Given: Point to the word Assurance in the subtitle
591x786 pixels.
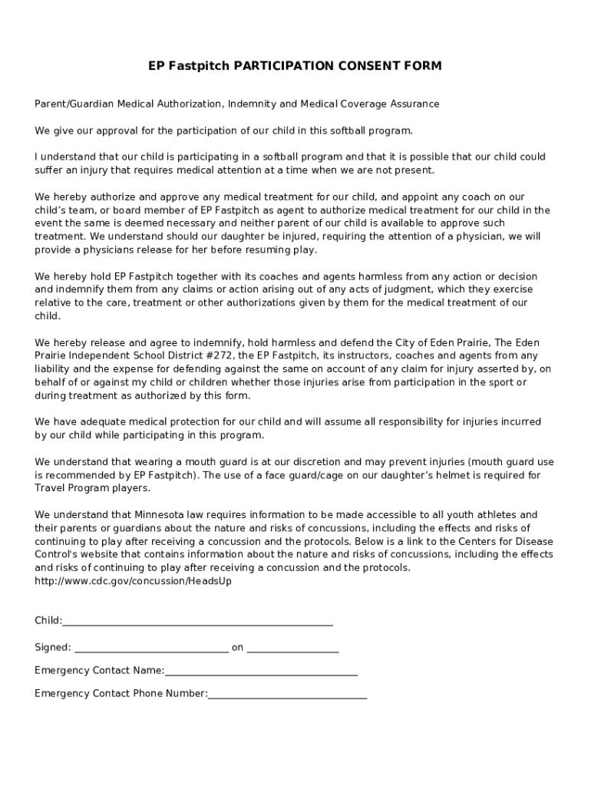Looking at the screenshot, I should click(413, 104).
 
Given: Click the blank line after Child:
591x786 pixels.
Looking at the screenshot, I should click(198, 621).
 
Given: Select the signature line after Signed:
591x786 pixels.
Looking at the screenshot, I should click(151, 648).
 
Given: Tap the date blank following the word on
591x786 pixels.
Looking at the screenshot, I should click(292, 648).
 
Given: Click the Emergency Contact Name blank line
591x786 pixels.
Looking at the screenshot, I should click(261, 671).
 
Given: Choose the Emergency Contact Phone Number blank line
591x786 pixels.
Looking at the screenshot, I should click(287, 694).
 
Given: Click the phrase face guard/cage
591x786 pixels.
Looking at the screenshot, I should click(300, 475).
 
